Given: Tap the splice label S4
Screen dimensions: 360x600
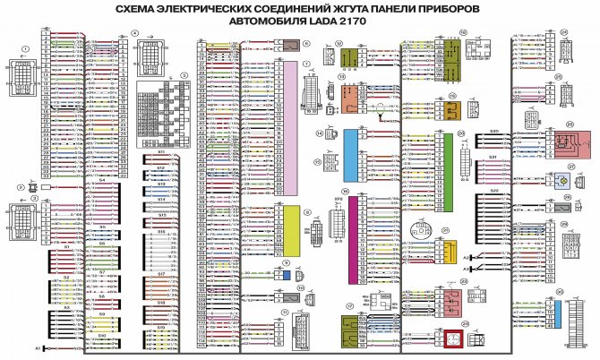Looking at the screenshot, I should click(102, 180).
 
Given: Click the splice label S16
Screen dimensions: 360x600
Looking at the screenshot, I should click(161, 231).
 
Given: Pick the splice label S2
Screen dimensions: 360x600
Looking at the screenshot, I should click(65, 278).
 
